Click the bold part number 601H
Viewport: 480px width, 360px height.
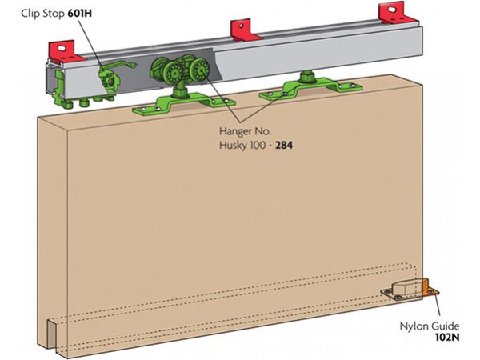[79, 14]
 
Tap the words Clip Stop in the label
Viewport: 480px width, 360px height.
[42, 14]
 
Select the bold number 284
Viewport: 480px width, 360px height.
[284, 145]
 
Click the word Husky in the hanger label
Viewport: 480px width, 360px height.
[233, 146]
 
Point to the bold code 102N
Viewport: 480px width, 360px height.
[447, 337]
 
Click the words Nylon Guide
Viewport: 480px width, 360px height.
[430, 326]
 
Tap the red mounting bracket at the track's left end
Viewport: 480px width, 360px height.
[66, 51]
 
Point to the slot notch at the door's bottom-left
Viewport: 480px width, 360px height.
[51, 334]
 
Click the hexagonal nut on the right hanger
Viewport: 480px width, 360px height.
[307, 78]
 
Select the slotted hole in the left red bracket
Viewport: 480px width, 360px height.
[62, 48]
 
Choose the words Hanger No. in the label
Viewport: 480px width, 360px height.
[246, 131]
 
